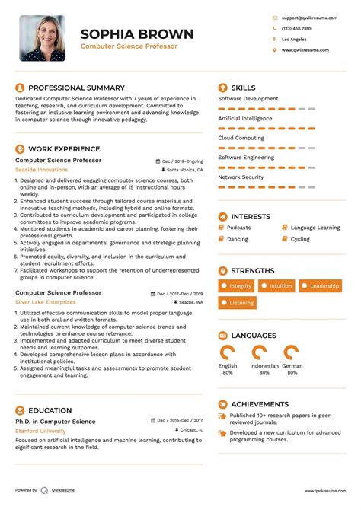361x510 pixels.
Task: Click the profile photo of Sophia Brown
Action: [x=42, y=37]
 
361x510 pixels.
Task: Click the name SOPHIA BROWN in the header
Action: [x=137, y=34]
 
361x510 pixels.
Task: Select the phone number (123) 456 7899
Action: [x=296, y=27]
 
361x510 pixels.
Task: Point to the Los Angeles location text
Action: [x=294, y=39]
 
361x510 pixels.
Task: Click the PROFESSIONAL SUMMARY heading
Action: [x=76, y=88]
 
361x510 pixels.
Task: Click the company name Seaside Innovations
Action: [x=41, y=170]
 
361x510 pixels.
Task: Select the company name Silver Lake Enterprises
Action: [x=45, y=301]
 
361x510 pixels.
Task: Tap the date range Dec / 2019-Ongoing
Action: [x=183, y=161]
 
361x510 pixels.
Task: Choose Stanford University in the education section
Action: [x=40, y=431]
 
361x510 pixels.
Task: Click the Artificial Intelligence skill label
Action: [x=244, y=118]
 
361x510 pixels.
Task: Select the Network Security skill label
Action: [x=241, y=177]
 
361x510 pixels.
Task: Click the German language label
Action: [x=292, y=366]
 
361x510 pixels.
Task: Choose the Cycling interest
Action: [x=300, y=239]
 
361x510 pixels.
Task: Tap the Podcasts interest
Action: [x=238, y=228]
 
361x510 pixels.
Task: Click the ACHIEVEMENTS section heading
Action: [x=260, y=404]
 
